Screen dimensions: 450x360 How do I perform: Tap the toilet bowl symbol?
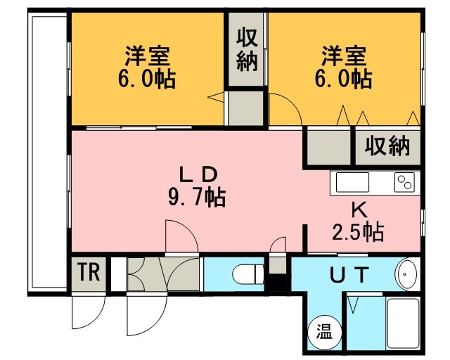click(248, 275)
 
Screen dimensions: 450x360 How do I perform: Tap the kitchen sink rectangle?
click(352, 182)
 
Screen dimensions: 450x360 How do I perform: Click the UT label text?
click(349, 274)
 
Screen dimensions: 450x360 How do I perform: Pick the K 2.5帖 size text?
click(358, 222)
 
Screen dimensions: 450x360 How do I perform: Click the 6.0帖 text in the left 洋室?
click(146, 79)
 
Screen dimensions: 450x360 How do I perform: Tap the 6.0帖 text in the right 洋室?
click(343, 79)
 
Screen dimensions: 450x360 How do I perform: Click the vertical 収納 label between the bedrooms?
click(247, 49)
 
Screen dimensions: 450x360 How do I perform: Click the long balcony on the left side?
click(48, 153)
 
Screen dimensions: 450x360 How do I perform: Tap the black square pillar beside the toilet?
click(278, 283)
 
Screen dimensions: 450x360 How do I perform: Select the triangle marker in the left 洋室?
click(216, 97)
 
